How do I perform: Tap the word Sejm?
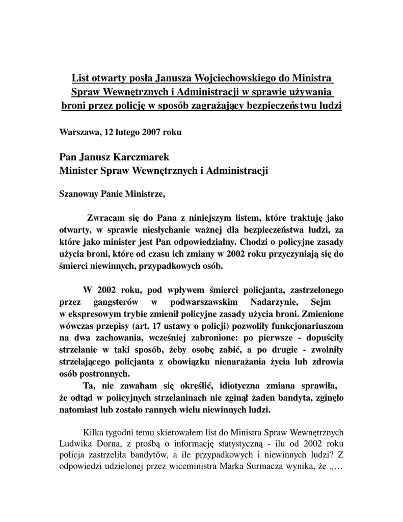click(x=320, y=301)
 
